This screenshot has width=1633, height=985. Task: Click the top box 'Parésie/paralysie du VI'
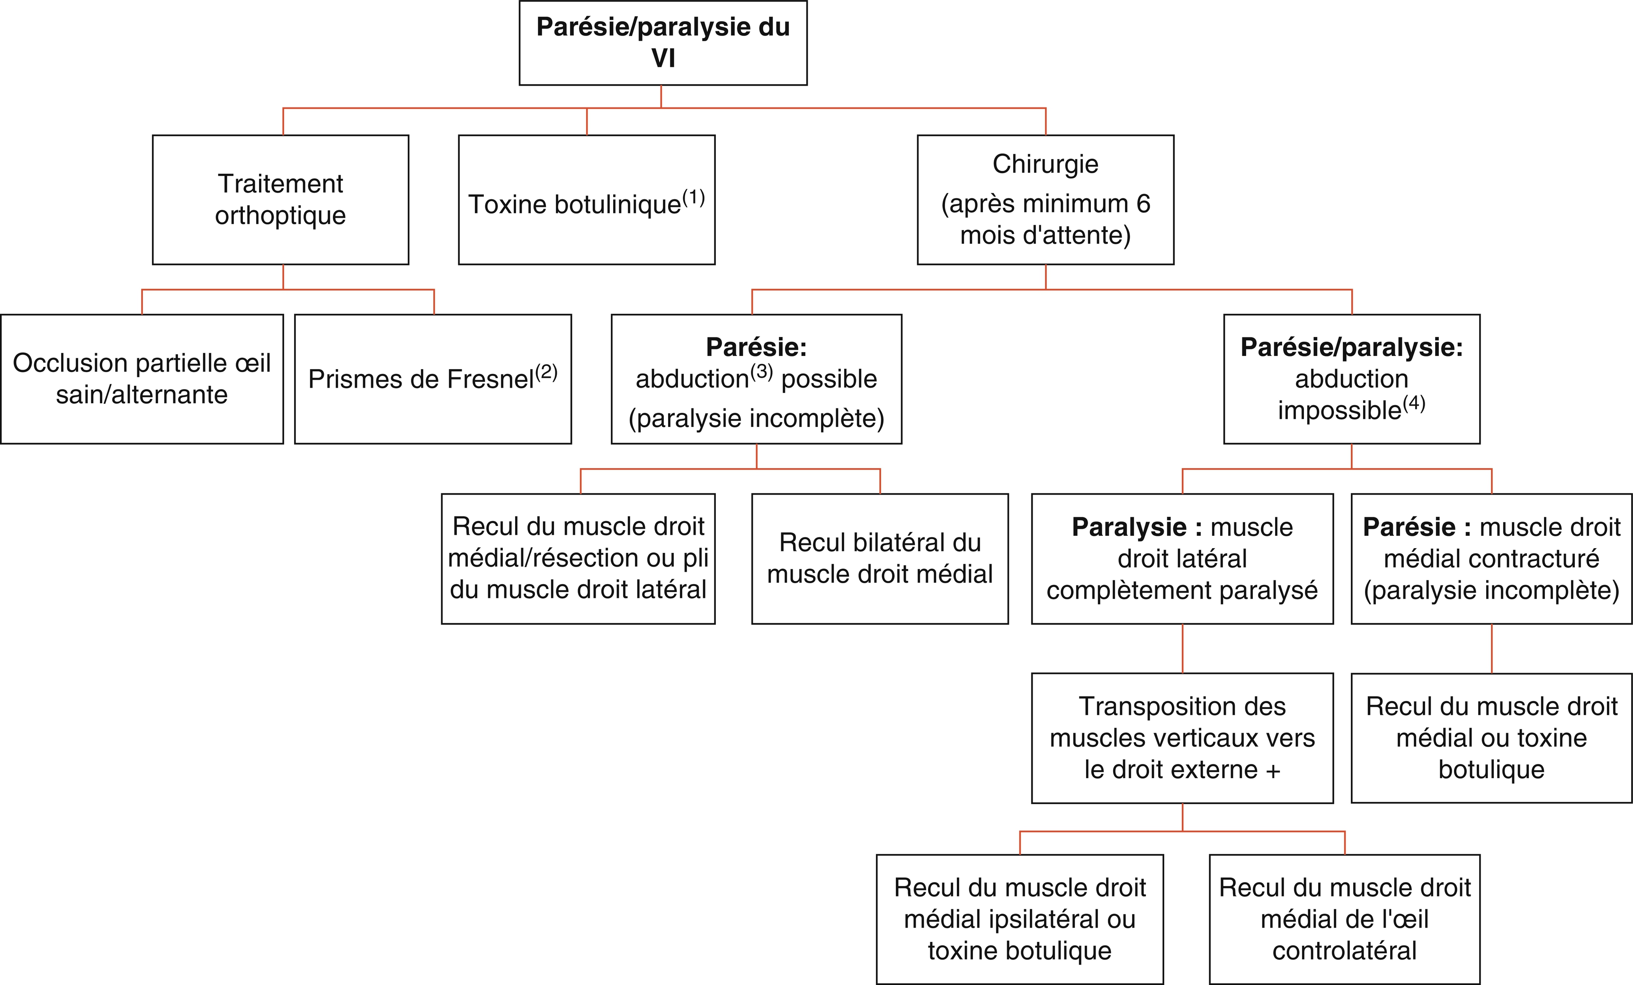coord(663,43)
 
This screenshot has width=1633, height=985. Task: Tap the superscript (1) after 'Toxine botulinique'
coord(693,197)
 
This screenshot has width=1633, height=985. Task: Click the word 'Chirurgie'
coord(1045,164)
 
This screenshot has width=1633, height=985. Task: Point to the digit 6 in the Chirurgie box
coord(1143,204)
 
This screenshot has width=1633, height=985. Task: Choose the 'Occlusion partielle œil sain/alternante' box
coord(142,379)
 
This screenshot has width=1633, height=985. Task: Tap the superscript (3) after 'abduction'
coord(761,372)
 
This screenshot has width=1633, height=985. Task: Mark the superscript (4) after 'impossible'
coord(1414,403)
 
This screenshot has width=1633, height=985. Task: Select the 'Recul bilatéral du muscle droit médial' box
coord(880,559)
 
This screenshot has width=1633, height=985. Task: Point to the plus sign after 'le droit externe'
coord(1273,771)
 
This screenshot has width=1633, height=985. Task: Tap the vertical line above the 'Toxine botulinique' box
coord(587,121)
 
